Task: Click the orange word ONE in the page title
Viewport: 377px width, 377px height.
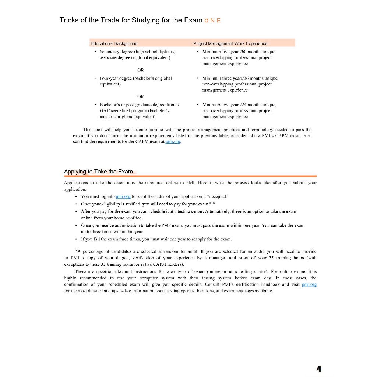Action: pos(212,21)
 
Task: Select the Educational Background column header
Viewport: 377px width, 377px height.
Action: pos(114,43)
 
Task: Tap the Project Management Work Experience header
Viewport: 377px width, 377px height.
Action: pos(230,43)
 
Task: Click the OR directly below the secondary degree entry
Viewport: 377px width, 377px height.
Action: pos(141,70)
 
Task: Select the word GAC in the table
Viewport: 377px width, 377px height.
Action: pos(105,110)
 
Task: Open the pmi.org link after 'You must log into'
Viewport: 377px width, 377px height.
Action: pos(123,197)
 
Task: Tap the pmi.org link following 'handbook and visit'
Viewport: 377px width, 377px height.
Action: pos(309,285)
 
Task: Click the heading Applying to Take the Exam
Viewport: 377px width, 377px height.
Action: pos(98,172)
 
